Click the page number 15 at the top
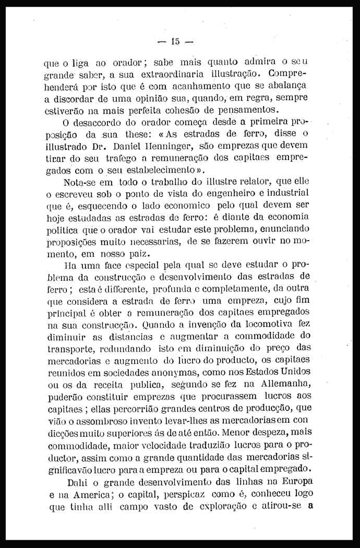(175, 41)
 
